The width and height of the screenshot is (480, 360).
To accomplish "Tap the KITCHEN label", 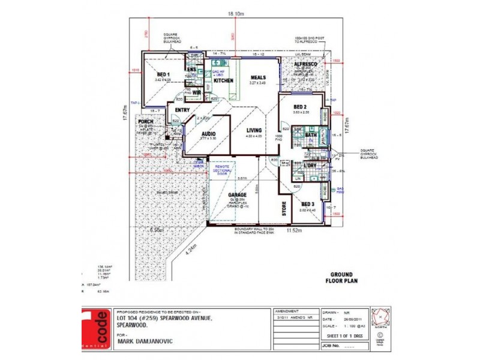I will point(223,80).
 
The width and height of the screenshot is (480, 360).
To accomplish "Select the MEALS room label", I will point(258,77).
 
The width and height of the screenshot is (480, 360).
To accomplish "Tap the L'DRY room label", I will point(310,165).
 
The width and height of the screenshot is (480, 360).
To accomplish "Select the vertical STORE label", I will point(284,211).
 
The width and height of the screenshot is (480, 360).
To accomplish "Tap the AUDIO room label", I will point(208,134).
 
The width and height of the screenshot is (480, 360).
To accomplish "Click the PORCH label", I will point(145,122).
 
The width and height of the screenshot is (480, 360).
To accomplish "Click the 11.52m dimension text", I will point(293,230).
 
